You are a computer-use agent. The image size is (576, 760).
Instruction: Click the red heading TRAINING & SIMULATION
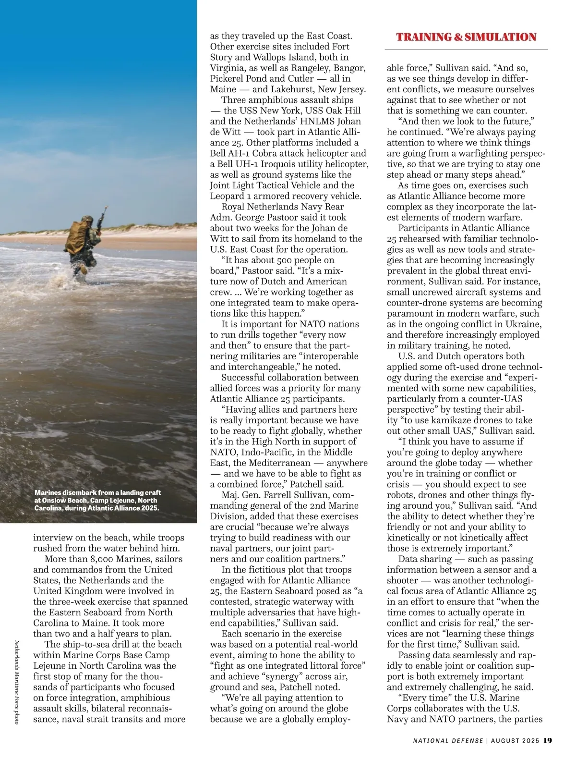[x=466, y=37]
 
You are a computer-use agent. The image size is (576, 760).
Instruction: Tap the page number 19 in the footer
[x=548, y=740]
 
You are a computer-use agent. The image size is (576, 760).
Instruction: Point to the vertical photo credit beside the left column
[x=16, y=682]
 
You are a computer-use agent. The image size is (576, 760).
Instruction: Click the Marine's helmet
[x=87, y=219]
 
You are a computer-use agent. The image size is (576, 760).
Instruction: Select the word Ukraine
[x=524, y=324]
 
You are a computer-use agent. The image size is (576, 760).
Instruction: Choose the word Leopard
[x=227, y=196]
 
